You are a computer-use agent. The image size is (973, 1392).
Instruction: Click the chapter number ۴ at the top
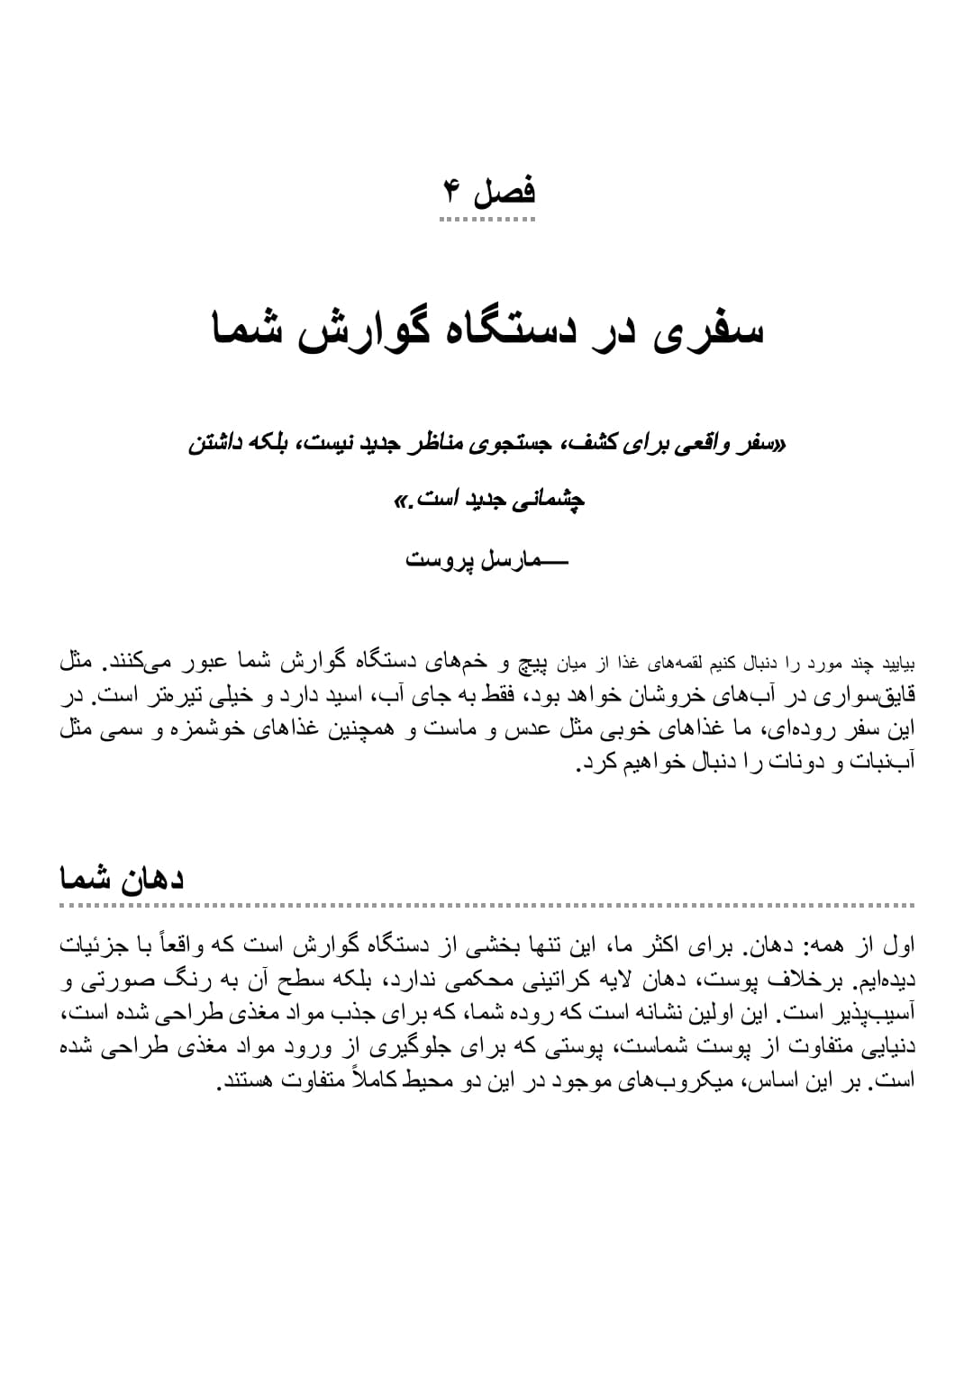pyautogui.click(x=452, y=191)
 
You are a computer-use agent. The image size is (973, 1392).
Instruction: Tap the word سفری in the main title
pyautogui.click(x=713, y=329)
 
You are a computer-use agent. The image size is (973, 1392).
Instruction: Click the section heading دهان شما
pyautogui.click(x=123, y=878)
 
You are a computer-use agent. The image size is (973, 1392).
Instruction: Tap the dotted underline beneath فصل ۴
pyautogui.click(x=488, y=219)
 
